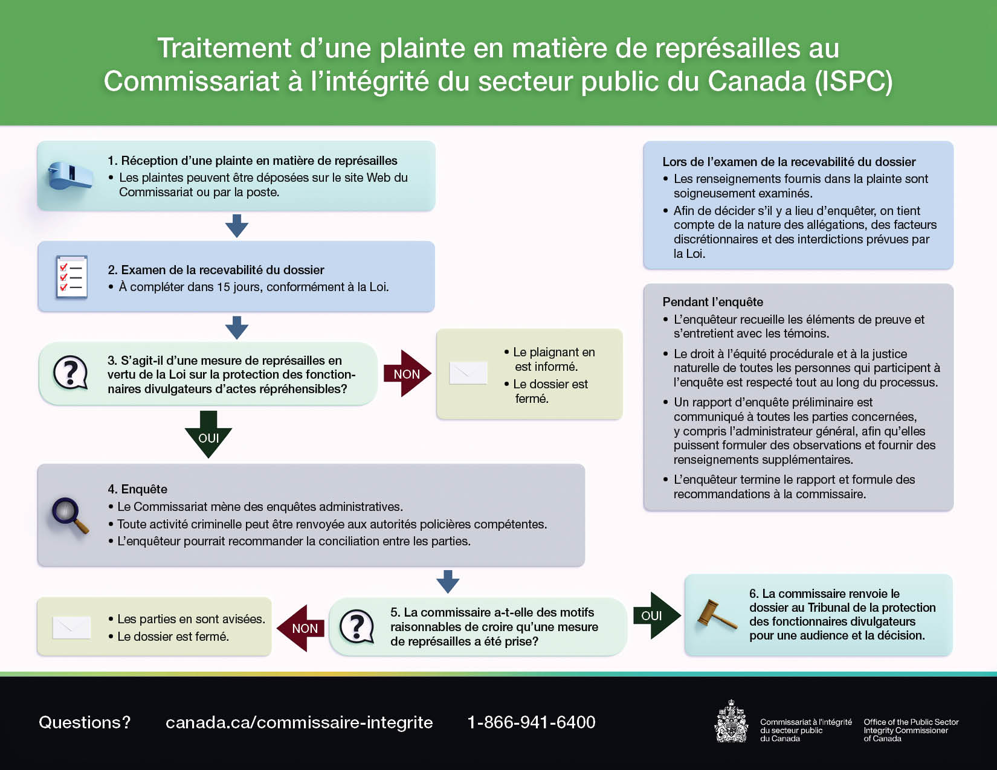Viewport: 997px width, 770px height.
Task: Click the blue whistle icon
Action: [71, 176]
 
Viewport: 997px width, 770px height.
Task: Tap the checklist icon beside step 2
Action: [72, 277]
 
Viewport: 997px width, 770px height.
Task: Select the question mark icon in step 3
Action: [71, 372]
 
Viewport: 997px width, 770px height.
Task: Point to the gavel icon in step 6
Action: [716, 614]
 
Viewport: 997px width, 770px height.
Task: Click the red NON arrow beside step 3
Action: [407, 374]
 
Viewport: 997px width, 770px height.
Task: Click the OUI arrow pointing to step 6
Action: [656, 615]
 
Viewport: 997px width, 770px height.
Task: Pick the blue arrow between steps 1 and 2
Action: [237, 226]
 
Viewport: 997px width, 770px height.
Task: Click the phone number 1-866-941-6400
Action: [531, 722]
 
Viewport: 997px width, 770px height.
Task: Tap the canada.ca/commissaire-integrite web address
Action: [299, 722]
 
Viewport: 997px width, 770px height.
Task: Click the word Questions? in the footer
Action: [85, 722]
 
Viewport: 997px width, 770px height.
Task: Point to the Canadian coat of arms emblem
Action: [731, 722]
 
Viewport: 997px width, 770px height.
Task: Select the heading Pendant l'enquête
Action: [712, 302]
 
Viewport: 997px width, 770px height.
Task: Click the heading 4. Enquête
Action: [137, 489]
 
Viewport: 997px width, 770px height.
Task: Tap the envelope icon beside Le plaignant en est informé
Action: [468, 373]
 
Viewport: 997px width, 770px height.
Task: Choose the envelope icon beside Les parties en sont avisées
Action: [72, 627]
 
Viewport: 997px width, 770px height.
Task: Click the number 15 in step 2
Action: [224, 287]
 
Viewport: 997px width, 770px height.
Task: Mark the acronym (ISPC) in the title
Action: [853, 82]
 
